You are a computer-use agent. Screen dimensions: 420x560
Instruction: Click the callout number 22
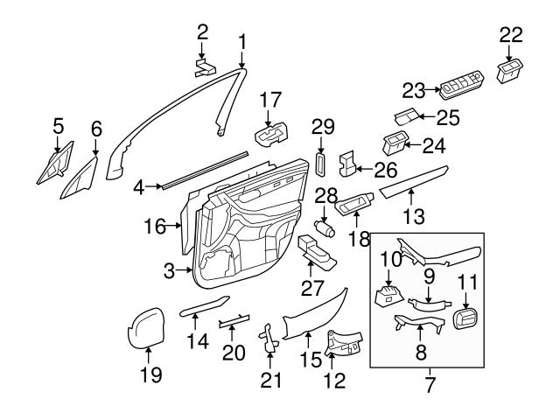point(511,35)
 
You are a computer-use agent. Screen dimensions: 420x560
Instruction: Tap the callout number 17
point(270,100)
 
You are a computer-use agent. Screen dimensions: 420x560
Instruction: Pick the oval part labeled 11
point(468,318)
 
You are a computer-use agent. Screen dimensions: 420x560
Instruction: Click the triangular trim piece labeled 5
point(52,166)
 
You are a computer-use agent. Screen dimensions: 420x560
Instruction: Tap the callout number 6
point(96,129)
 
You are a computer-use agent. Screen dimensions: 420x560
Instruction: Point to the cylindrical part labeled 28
point(327,228)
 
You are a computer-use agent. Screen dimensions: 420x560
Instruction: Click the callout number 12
point(334,380)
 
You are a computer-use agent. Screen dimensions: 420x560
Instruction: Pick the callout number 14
point(198,341)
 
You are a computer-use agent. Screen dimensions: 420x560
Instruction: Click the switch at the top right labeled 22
point(510,70)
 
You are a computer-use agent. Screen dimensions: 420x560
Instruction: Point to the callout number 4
point(138,185)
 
